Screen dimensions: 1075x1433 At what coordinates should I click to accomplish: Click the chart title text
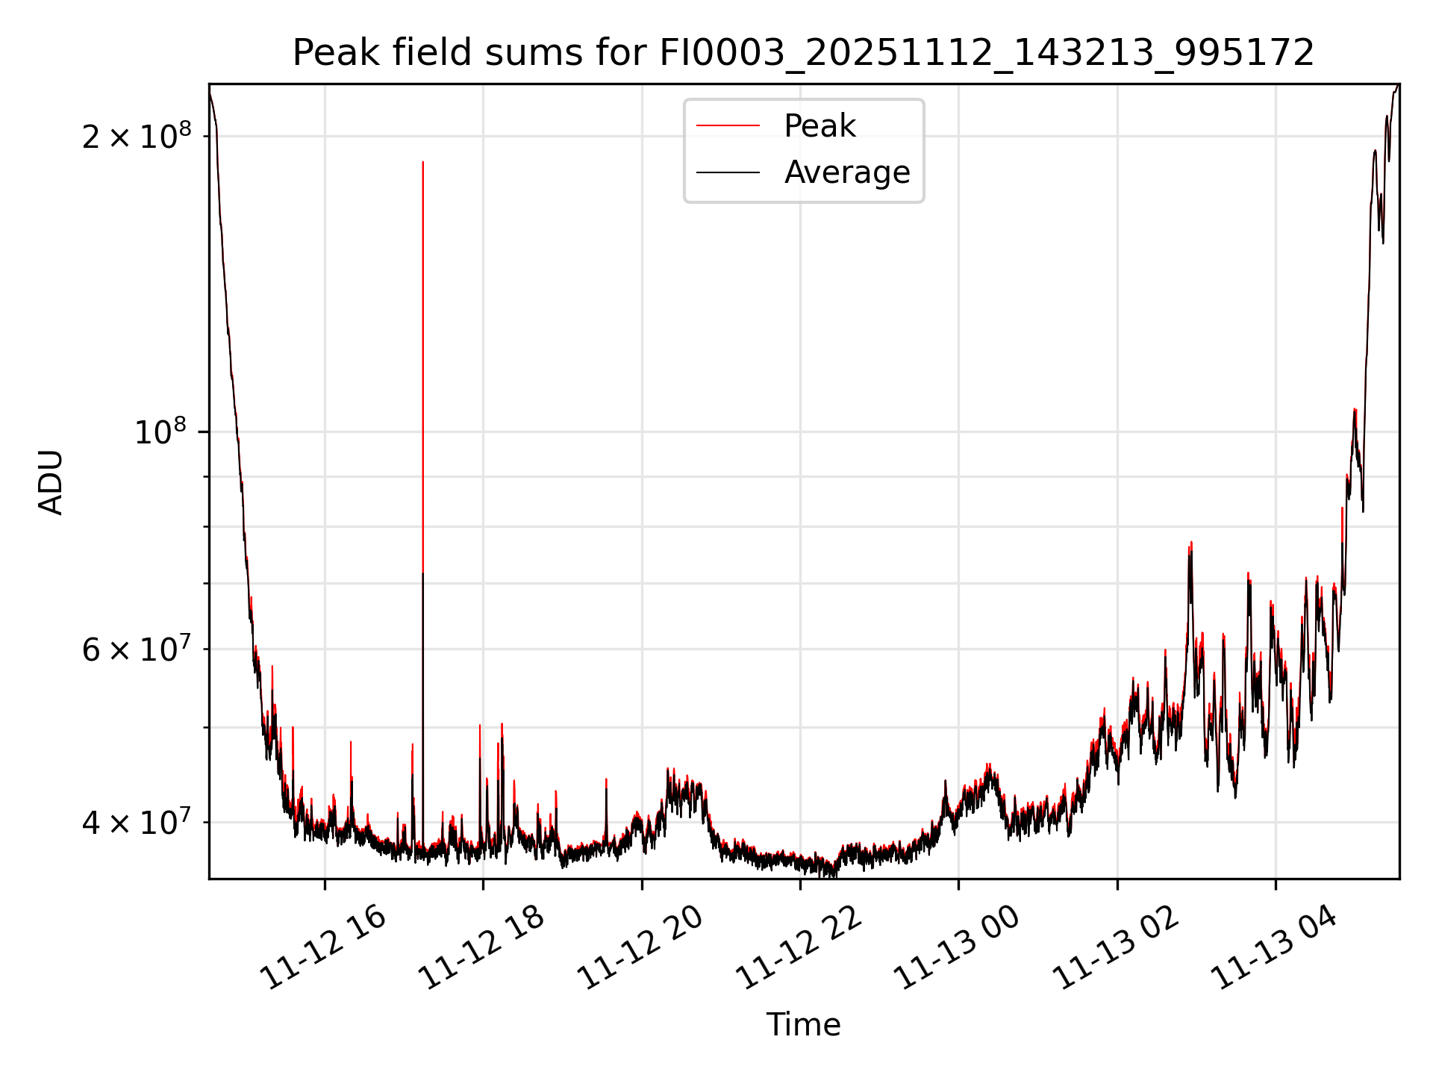coord(803,53)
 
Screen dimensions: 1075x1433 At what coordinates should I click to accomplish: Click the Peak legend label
coord(819,126)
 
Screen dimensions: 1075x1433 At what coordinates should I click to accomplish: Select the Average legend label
coord(847,172)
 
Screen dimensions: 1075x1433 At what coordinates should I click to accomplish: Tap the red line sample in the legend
coord(728,126)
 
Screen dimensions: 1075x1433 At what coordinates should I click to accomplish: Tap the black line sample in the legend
coord(728,172)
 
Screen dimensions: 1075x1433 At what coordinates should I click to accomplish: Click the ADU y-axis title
coord(51,482)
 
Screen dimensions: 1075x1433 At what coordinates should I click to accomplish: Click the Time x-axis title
coord(803,1025)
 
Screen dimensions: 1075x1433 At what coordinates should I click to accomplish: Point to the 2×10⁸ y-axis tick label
coord(136,136)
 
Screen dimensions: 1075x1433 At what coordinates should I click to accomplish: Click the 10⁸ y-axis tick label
coord(159,431)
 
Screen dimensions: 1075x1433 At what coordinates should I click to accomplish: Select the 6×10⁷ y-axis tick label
coord(136,649)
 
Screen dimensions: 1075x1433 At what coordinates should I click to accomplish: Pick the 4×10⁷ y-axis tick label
coord(136,822)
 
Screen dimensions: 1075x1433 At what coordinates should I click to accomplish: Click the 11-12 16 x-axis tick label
coord(322,948)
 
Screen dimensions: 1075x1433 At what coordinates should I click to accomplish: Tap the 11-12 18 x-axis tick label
coord(481,948)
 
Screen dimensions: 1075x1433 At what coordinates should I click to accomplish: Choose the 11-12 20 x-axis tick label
coord(640,948)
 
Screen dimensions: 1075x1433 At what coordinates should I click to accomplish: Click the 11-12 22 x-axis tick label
coord(798,948)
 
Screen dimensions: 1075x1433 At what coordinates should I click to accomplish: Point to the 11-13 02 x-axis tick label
coord(1115,948)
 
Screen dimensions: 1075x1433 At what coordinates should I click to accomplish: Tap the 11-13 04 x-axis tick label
coord(1273,948)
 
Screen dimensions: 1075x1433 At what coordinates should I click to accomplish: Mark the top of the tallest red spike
coord(423,162)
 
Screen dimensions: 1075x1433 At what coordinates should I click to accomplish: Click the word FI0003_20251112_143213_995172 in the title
coord(986,53)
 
